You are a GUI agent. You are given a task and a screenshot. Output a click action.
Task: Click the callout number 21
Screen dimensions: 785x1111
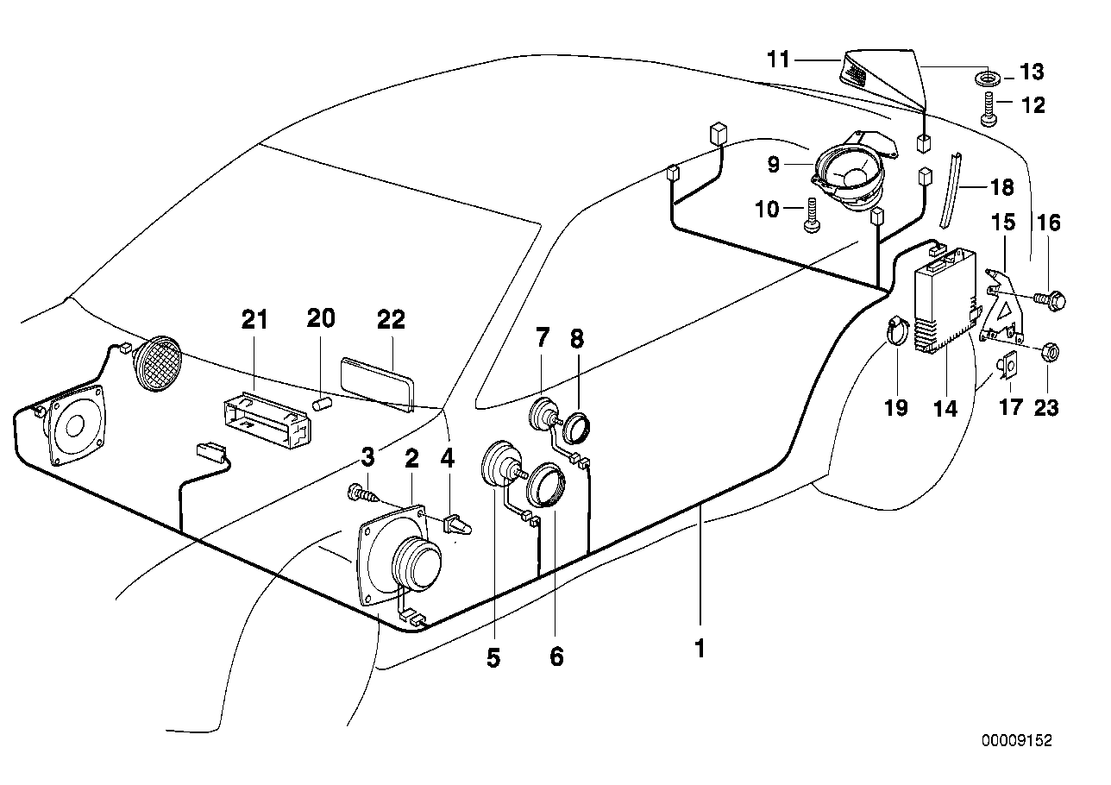coord(254,320)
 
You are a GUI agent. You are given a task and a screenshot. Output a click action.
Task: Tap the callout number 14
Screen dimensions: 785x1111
coord(946,408)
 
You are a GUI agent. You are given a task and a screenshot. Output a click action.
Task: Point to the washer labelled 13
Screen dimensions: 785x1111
coord(989,79)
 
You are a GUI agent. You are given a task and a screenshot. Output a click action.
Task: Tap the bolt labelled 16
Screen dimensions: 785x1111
coord(1052,300)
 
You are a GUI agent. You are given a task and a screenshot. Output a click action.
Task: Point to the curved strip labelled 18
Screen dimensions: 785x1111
coord(946,190)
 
